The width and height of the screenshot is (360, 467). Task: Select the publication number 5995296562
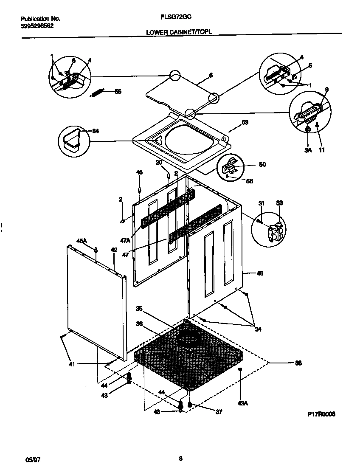tap(37, 25)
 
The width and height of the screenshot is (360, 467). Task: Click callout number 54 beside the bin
tap(96, 131)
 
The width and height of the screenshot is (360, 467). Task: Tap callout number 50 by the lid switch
tap(262, 164)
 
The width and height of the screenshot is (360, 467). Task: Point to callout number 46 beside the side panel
tap(260, 273)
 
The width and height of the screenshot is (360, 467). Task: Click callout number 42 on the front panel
tap(114, 250)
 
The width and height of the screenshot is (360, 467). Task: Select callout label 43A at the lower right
tap(242, 403)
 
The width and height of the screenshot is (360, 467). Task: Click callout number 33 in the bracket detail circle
tap(279, 204)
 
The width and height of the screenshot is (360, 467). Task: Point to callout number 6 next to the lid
tap(211, 75)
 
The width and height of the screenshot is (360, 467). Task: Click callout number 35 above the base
tap(139, 309)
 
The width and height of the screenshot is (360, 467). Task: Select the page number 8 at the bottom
tap(180, 458)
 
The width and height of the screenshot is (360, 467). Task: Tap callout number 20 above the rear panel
tap(159, 163)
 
